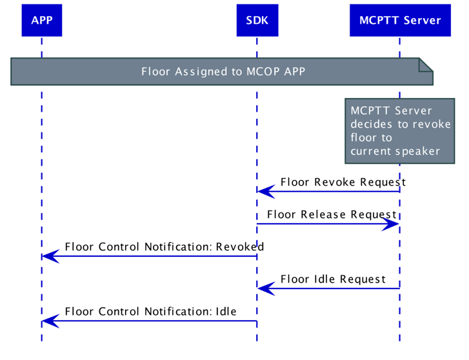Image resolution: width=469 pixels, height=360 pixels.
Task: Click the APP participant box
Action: coord(41,20)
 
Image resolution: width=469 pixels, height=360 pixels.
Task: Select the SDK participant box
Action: coord(257,20)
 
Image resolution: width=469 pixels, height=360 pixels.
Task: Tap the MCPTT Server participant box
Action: coord(399,20)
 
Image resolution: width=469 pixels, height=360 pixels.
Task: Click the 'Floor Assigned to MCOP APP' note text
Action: coord(223,72)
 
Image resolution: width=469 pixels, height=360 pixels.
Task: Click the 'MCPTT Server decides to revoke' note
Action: coord(399,131)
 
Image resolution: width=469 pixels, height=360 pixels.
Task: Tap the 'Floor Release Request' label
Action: coord(331,214)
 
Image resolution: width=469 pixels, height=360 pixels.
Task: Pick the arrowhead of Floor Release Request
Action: coord(391,224)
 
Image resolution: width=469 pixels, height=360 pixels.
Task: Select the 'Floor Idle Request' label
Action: coord(333,279)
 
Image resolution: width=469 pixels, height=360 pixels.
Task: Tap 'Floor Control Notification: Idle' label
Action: coord(150,312)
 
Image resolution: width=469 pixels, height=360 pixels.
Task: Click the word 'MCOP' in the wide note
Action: coord(263,72)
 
